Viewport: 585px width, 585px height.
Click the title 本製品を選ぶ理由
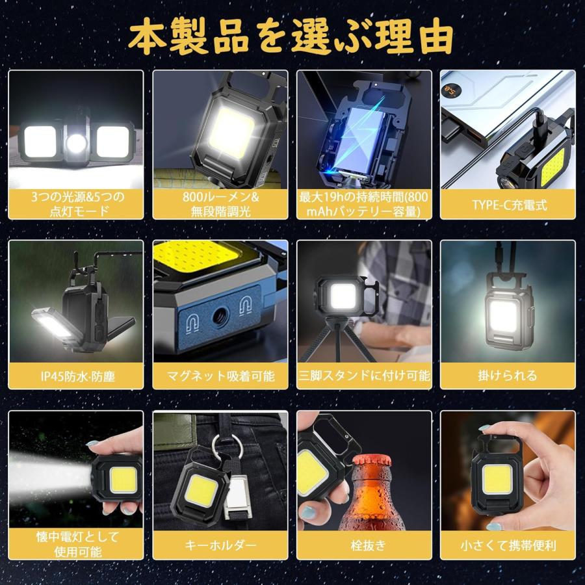292,38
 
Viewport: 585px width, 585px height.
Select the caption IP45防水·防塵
77,376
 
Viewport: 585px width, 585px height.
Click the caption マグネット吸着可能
220,376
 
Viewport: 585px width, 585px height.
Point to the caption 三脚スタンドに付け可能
364,376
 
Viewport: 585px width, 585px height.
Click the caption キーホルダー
220,545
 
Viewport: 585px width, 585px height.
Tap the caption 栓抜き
364,545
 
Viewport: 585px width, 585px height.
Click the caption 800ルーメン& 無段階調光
220,205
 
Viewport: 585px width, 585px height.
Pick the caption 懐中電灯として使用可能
77,545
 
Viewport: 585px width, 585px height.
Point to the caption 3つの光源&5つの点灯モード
77,205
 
